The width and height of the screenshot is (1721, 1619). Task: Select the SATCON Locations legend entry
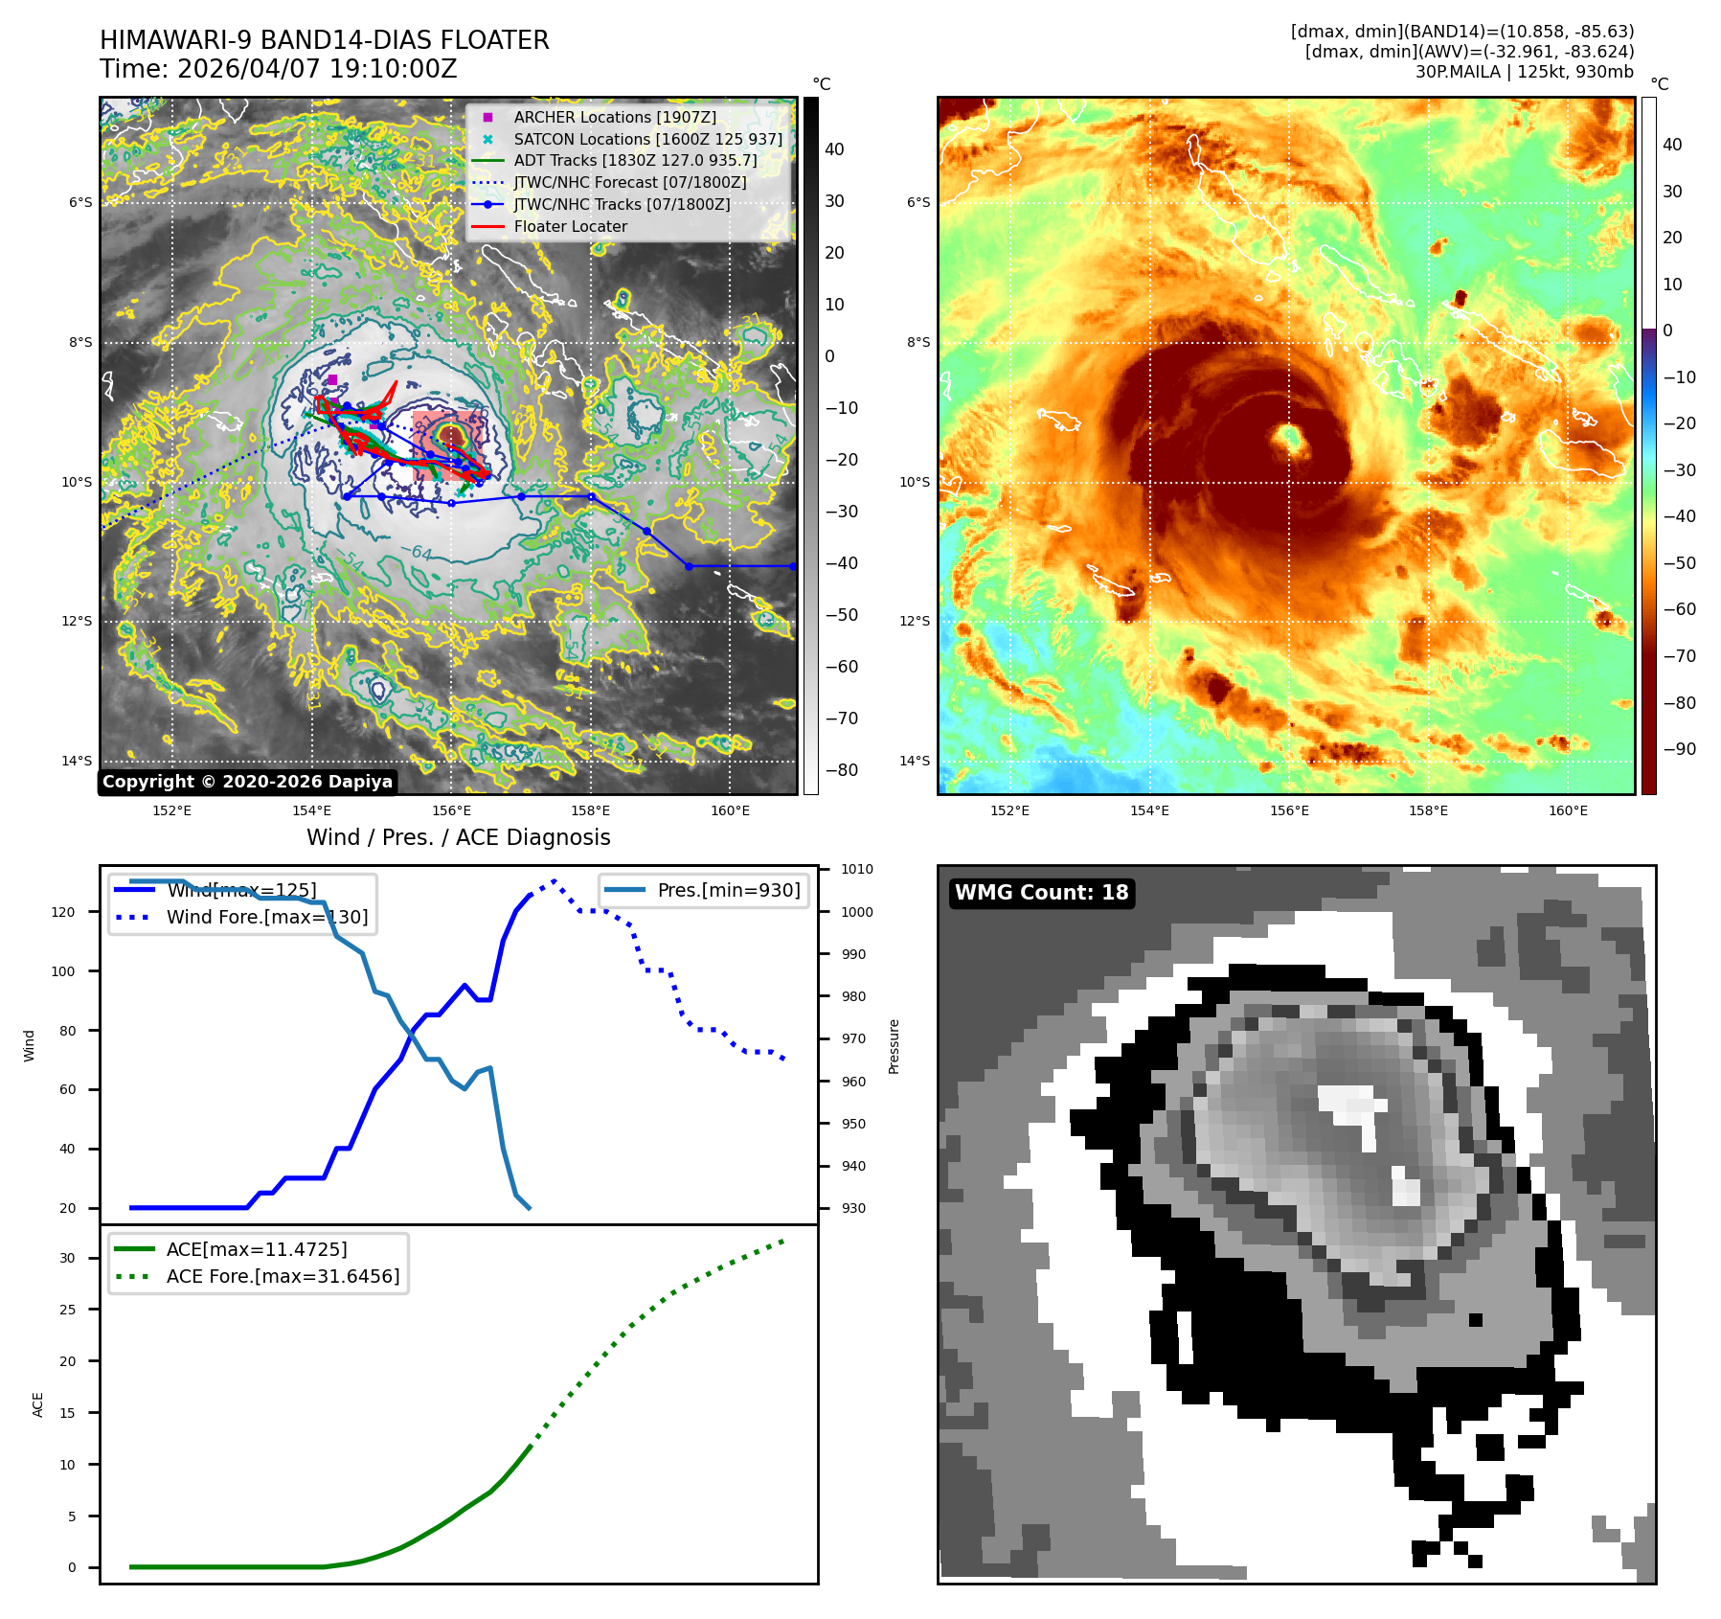[647, 139]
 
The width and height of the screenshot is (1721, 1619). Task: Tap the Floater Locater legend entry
[570, 226]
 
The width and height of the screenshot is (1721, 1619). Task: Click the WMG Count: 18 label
[1041, 893]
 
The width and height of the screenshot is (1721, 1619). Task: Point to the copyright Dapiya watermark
[247, 782]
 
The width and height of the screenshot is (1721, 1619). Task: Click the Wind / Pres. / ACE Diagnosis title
[458, 837]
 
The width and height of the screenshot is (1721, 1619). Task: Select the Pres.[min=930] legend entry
[728, 890]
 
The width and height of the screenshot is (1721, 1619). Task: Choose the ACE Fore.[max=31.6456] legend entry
[283, 1276]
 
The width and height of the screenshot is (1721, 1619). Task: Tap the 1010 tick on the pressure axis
[857, 870]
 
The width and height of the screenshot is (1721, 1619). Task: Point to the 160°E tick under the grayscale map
[730, 810]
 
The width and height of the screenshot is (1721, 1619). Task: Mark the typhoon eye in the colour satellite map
[1290, 439]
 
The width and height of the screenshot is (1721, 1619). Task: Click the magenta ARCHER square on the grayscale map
[332, 380]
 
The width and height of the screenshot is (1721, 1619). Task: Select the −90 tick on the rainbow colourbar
[1679, 749]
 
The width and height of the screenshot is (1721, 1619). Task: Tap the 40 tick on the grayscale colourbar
[834, 149]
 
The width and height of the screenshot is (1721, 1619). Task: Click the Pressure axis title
[894, 1046]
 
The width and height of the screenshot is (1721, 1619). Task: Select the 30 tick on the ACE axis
[67, 1258]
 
